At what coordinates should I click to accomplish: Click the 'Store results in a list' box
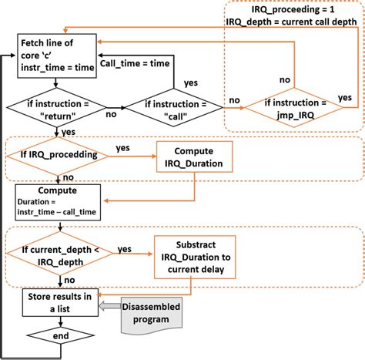(x=58, y=301)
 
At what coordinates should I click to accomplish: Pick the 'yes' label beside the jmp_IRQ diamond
(x=345, y=98)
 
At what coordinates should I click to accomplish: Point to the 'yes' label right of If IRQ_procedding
(x=122, y=147)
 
